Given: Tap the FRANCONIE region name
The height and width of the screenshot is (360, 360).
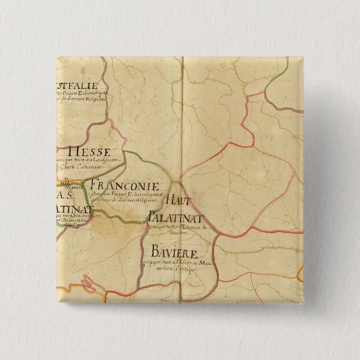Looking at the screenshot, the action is click(x=124, y=185).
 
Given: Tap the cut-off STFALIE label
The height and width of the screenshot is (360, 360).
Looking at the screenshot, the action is click(x=76, y=86).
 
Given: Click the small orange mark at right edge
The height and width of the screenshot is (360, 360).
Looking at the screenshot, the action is click(x=300, y=273).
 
